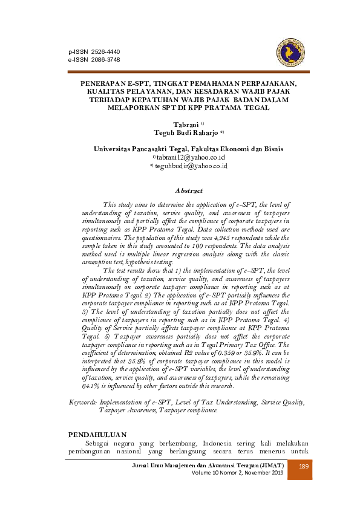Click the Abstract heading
(x=189, y=190)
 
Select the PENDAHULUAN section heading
(x=97, y=434)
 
